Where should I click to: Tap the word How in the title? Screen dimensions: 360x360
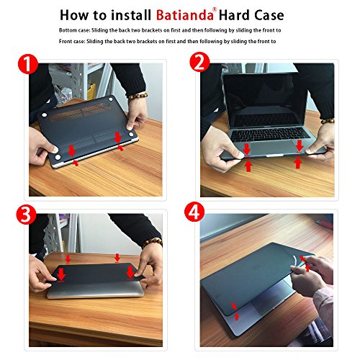point(76,14)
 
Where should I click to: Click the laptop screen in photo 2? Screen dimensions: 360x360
point(266,97)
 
